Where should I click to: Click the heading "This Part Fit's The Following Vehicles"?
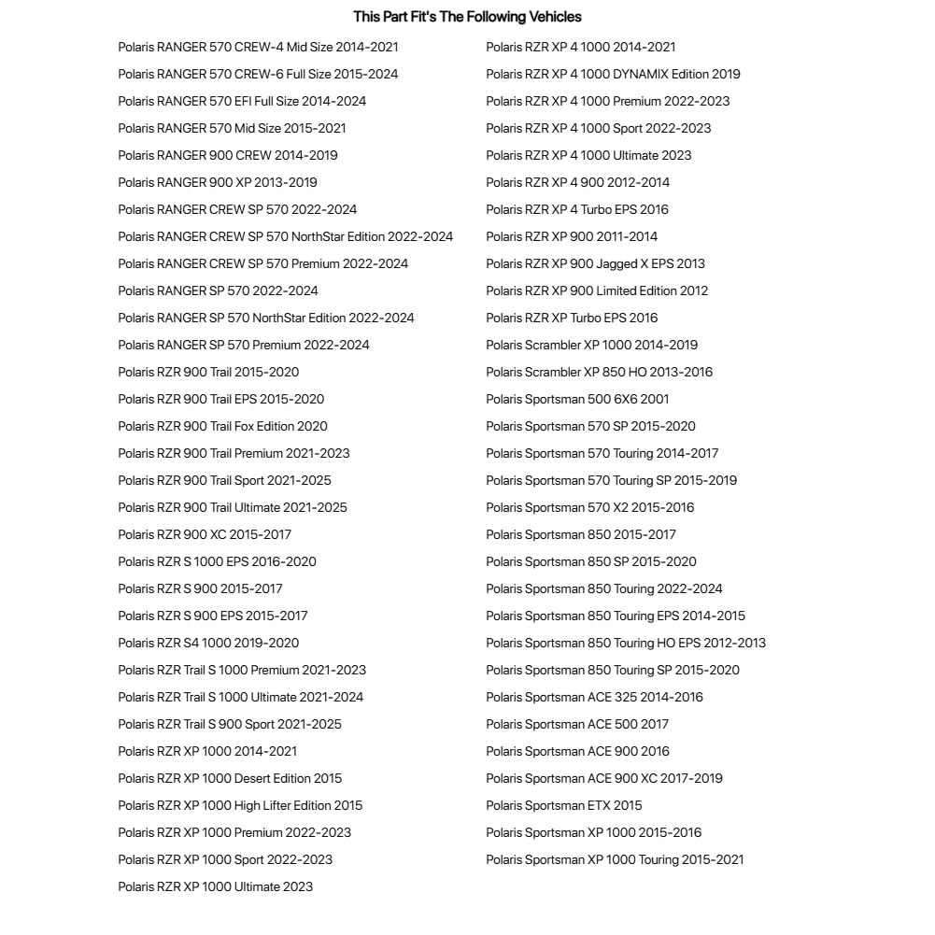click(x=467, y=17)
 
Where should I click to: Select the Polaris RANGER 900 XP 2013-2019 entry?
click(x=217, y=182)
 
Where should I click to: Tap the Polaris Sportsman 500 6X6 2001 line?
click(x=577, y=399)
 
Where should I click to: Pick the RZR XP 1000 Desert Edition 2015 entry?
click(x=230, y=778)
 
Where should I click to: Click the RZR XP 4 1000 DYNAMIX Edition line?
click(x=613, y=74)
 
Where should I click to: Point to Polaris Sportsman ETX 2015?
click(x=564, y=805)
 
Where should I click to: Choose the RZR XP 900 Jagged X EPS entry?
click(x=595, y=263)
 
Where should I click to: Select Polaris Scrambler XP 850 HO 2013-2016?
click(x=599, y=372)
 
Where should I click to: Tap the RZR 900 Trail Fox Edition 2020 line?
click(x=222, y=426)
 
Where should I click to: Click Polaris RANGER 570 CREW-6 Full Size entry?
click(x=258, y=74)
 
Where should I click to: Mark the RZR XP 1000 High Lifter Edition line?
click(x=240, y=805)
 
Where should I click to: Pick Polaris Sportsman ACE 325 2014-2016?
click(x=594, y=697)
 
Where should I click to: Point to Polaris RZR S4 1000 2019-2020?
click(x=208, y=643)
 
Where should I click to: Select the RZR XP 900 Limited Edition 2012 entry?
click(x=597, y=290)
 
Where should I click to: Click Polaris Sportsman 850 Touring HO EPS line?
click(x=626, y=643)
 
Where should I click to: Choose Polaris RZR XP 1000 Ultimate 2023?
click(x=215, y=886)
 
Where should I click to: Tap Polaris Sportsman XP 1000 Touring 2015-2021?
click(x=615, y=859)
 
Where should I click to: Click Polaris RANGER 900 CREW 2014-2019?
click(x=228, y=155)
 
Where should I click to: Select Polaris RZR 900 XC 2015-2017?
click(x=205, y=534)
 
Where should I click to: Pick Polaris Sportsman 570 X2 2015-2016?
click(x=589, y=507)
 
